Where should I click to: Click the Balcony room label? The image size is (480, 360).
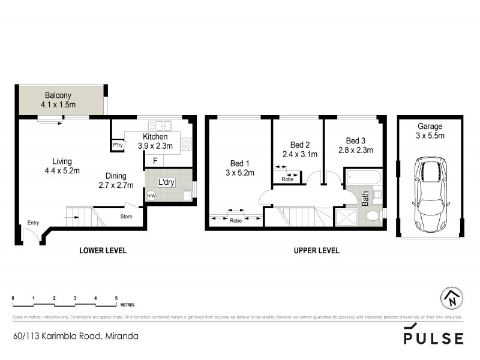58,95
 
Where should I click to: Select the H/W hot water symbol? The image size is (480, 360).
151,195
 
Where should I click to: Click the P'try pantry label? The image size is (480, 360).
118,145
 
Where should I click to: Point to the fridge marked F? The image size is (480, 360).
155,160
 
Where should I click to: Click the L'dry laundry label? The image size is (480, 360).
166,182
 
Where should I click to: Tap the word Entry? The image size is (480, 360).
32,223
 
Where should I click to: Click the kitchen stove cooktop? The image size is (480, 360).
186,143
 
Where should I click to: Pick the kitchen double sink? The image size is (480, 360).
160,125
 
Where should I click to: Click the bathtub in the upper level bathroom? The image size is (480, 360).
362,178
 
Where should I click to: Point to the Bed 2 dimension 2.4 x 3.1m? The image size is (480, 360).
299,154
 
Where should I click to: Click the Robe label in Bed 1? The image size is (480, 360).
236,220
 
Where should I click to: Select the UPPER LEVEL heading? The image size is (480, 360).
316,251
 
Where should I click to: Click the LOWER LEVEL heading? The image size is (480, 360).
103,251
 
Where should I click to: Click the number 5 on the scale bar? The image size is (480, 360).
116,298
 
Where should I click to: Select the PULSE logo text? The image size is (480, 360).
433,338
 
